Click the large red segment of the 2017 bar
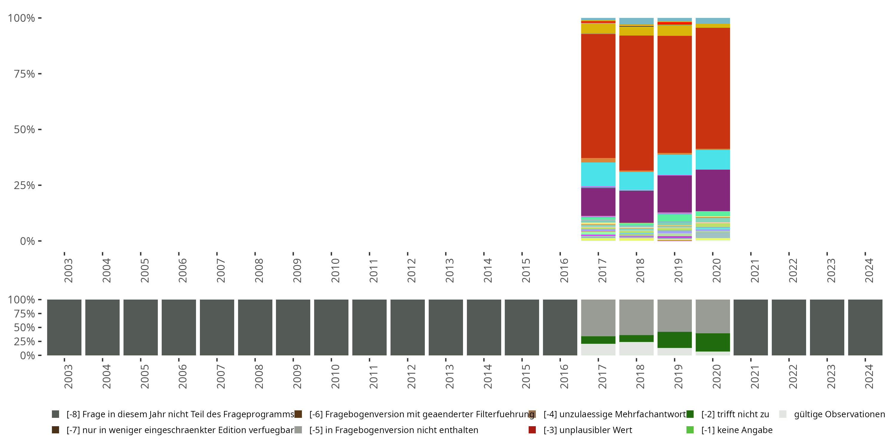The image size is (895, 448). (x=598, y=96)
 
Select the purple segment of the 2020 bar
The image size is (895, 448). (x=713, y=190)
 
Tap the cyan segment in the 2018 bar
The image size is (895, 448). (x=636, y=181)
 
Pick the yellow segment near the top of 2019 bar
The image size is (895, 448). (x=674, y=30)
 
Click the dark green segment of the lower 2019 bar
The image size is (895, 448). (x=674, y=340)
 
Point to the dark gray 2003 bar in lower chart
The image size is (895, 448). (x=64, y=327)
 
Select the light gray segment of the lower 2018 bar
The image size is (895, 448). (x=636, y=317)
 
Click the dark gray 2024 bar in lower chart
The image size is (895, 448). (x=865, y=327)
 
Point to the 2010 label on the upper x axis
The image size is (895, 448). (x=335, y=271)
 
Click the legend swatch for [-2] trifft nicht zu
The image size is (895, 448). (x=690, y=414)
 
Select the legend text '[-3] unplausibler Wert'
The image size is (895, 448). (x=588, y=430)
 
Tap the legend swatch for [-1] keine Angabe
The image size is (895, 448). (x=690, y=430)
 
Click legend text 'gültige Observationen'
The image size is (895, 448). (x=840, y=414)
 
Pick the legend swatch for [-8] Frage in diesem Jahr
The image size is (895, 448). (x=55, y=414)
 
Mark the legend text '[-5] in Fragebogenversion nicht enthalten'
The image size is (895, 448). (x=394, y=430)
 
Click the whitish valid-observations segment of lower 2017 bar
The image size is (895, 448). (x=598, y=349)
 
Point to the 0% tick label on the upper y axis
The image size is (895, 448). (x=27, y=241)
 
